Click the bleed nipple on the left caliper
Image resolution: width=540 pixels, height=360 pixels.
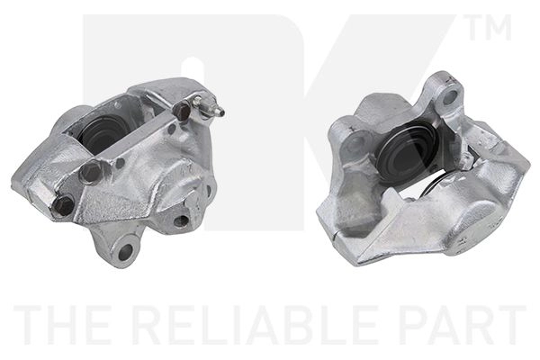[208, 106]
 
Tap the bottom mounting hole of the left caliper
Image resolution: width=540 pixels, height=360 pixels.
[125, 253]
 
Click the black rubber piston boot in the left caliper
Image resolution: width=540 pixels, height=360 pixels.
[100, 132]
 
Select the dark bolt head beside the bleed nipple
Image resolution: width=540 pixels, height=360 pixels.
[183, 110]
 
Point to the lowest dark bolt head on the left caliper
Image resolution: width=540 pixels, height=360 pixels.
[64, 206]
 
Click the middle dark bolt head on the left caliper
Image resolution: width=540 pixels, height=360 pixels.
[90, 171]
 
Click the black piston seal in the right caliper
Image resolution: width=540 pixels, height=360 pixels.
[407, 150]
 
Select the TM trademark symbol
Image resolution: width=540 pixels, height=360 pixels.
[490, 27]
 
